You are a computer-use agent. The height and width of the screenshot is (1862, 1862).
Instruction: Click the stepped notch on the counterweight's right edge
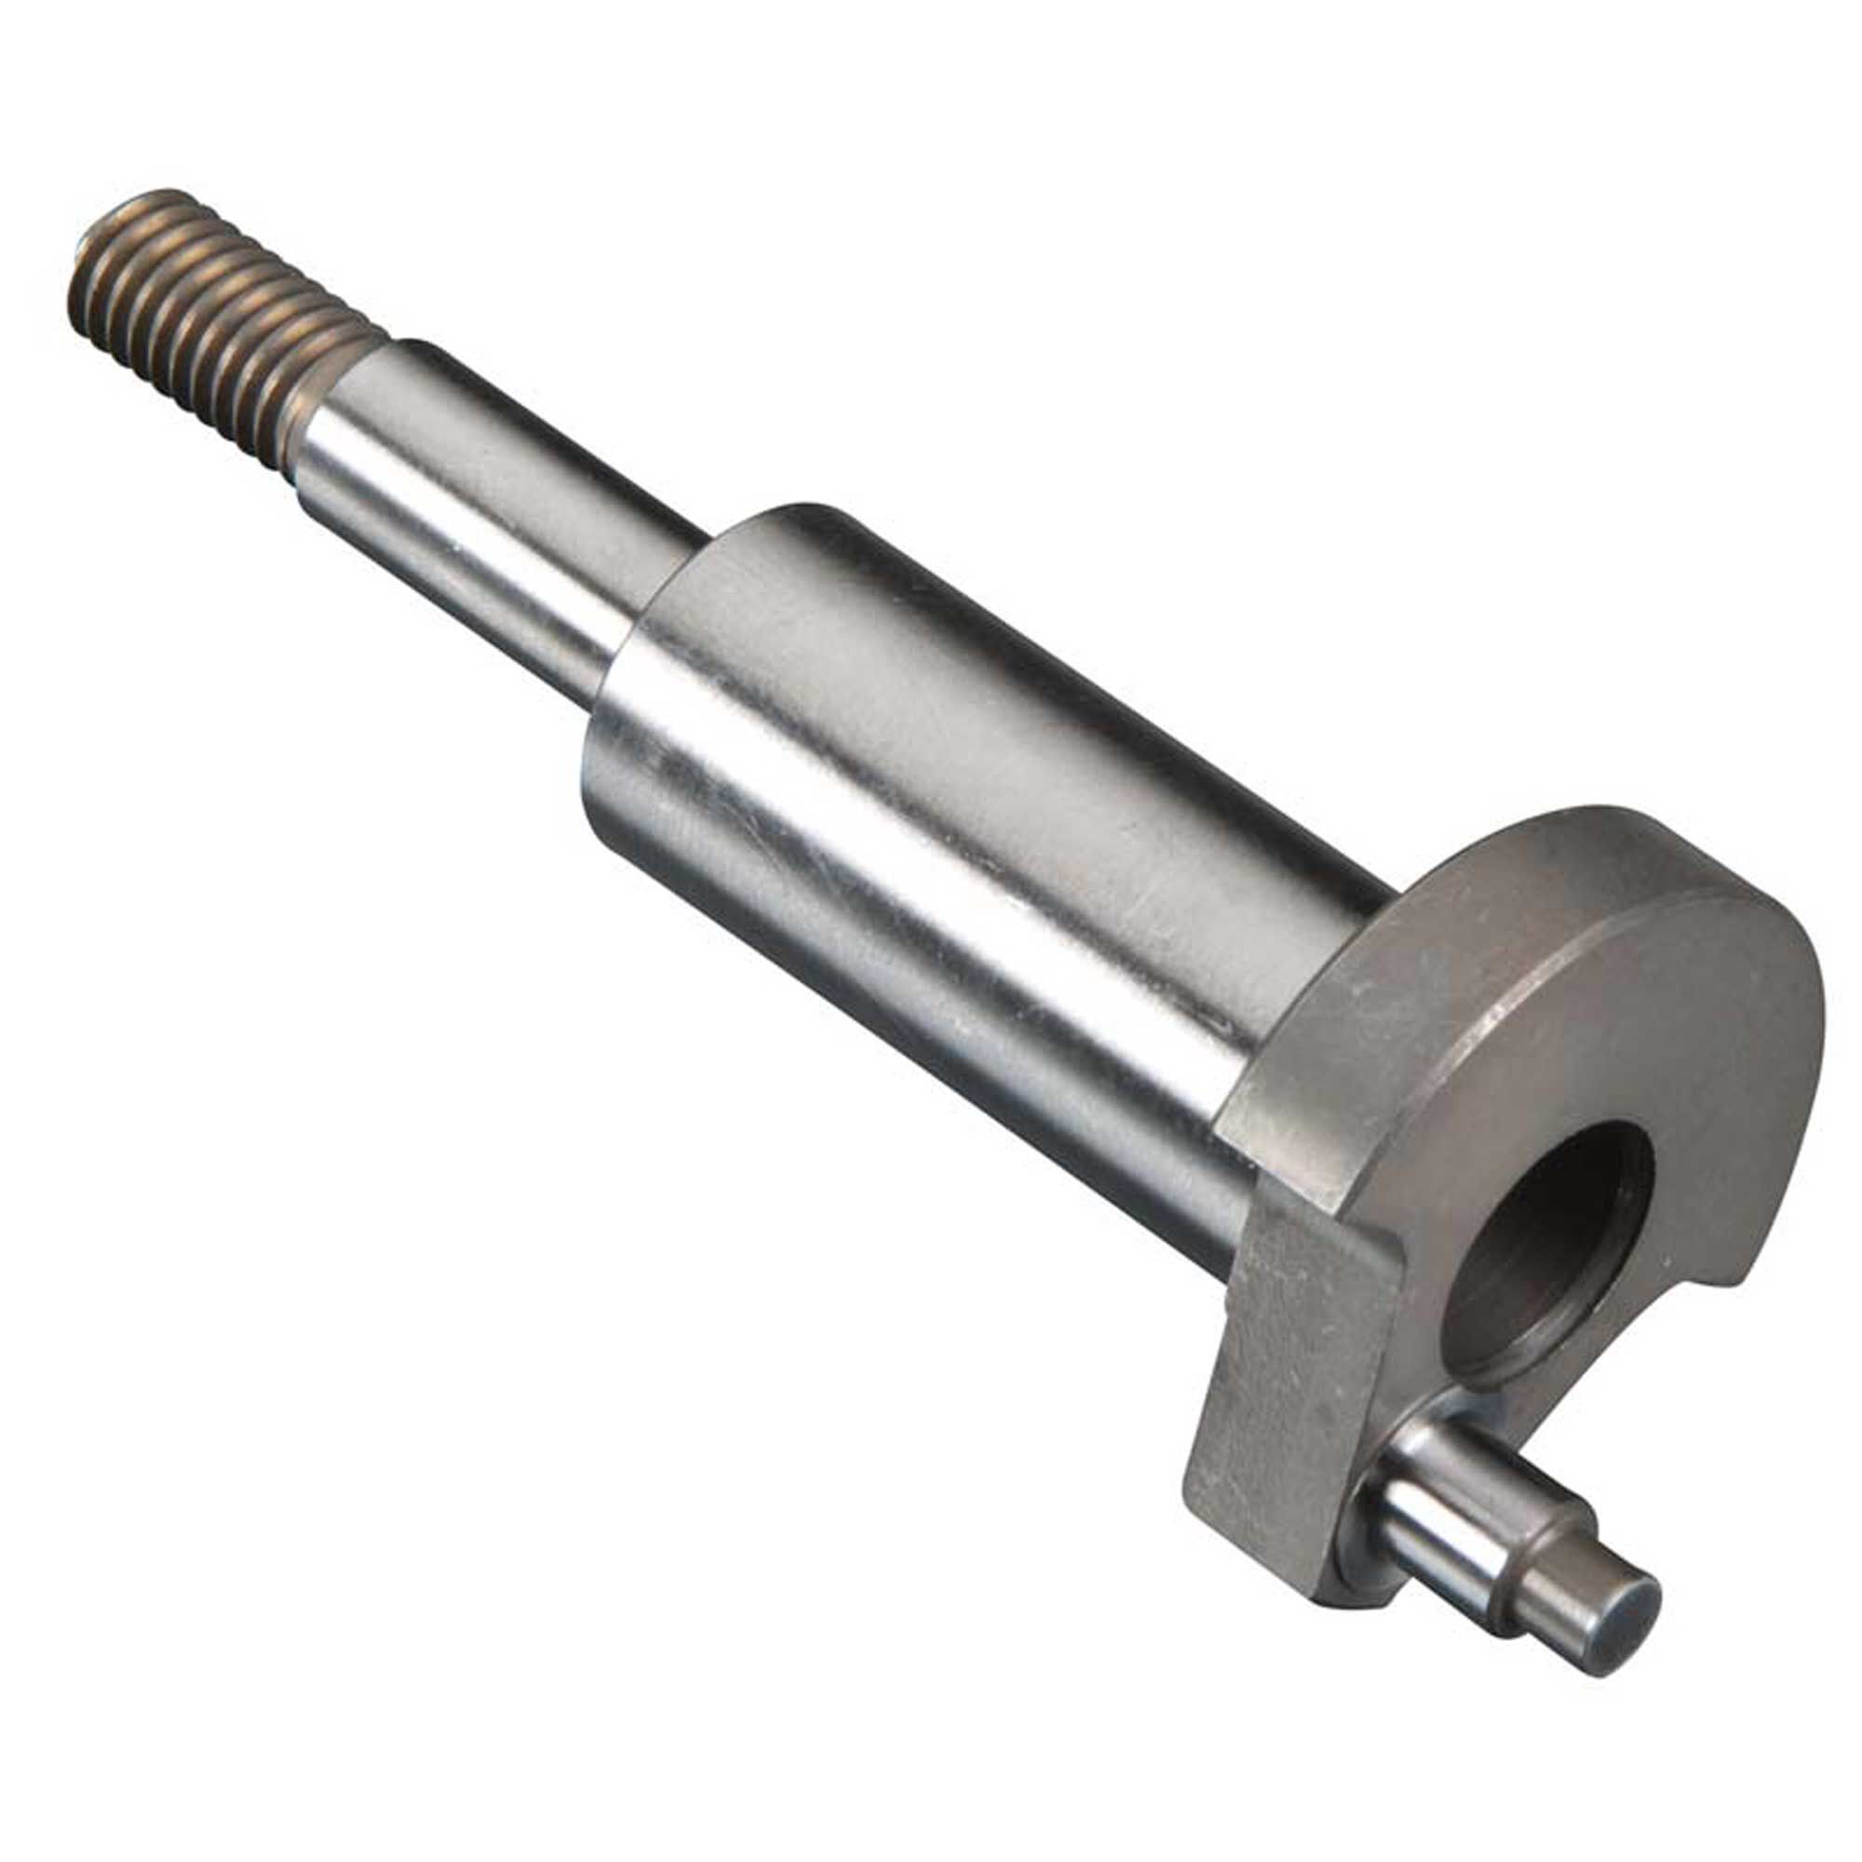[x=1725, y=1282]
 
